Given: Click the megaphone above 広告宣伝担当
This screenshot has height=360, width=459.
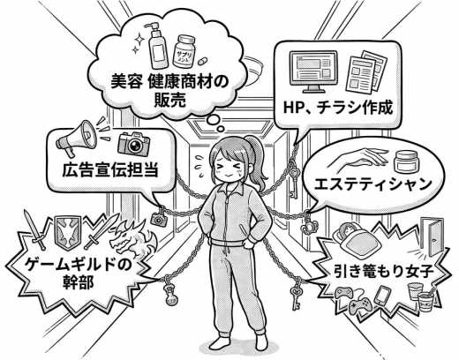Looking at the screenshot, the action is pos(77,138).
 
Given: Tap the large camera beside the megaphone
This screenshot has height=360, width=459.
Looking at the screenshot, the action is pos(134,143).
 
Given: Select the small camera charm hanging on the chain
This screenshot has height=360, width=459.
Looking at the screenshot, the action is pos(159,218).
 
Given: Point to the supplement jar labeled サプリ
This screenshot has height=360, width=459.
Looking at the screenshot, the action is pos(184,52).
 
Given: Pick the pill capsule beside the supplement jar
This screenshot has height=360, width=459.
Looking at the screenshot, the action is pos(202,62).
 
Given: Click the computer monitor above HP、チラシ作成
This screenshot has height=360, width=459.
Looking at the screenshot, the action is pos(313,71).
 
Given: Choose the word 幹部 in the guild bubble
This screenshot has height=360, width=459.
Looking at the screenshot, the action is pos(79,281).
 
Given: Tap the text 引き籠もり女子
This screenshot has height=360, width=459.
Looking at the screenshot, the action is pos(384,271).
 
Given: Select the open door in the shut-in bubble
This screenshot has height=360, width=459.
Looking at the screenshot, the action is pos(432,236).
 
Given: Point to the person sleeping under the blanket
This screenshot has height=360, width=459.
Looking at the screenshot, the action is pos(356,237).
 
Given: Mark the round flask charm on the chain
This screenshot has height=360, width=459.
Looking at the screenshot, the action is pos(171,295).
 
